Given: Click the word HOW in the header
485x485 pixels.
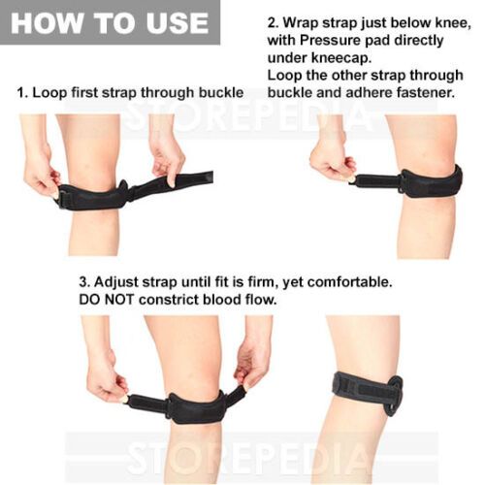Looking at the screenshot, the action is tap(47, 23).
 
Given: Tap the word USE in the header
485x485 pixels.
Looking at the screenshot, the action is tap(178, 23).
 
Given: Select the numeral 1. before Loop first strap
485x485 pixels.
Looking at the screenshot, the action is tap(22, 93).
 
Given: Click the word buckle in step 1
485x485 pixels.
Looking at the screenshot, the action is tap(221, 92).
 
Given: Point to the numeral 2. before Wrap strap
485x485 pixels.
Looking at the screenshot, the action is tap(273, 23).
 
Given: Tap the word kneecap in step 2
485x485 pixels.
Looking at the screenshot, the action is tap(340, 58).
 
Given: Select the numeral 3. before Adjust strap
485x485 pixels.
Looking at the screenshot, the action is tap(84, 282).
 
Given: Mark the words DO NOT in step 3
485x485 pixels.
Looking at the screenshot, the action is tap(106, 300).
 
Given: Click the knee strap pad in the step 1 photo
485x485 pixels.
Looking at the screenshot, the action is tap(94, 196).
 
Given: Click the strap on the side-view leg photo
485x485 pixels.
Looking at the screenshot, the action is tap(368, 392).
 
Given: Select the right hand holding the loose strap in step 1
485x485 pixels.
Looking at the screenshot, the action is tap(168, 159).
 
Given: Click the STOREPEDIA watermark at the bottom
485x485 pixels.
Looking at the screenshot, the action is tap(249, 458).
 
